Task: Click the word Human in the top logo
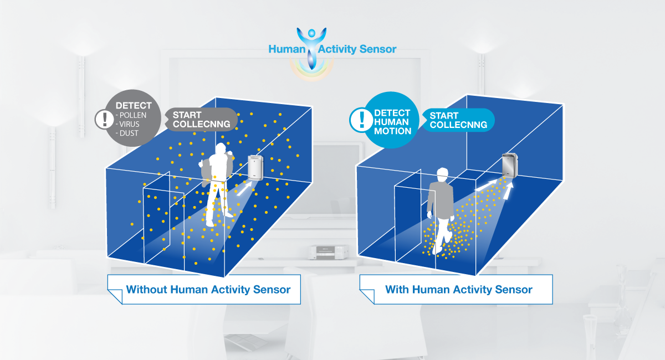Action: click(287, 49)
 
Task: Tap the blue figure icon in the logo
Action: click(311, 48)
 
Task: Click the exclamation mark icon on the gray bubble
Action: click(104, 119)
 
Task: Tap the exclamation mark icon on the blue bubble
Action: click(361, 120)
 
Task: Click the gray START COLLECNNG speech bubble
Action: click(201, 119)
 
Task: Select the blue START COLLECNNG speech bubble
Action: click(458, 120)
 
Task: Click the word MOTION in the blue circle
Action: click(392, 131)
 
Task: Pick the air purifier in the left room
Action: click(255, 168)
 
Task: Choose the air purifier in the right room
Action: click(510, 165)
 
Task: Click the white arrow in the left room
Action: click(244, 189)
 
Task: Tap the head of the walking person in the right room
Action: click(442, 174)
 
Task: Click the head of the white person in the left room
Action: click(221, 149)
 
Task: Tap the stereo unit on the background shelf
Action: click(329, 252)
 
